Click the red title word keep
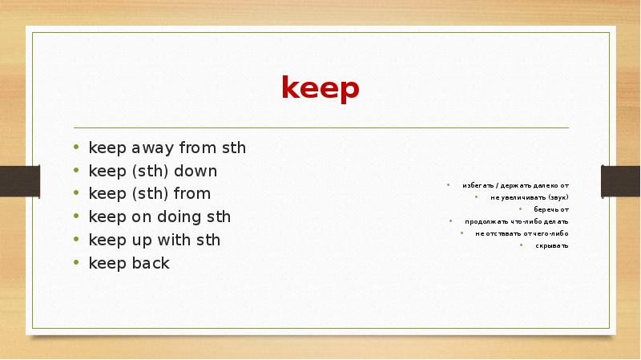coord(320,88)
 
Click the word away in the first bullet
coord(141,148)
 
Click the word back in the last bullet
coord(150,262)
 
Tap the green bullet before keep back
coord(75,263)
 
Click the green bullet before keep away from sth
coord(75,148)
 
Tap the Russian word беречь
coord(541,209)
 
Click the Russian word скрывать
coord(553,245)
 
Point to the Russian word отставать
coord(502,233)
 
